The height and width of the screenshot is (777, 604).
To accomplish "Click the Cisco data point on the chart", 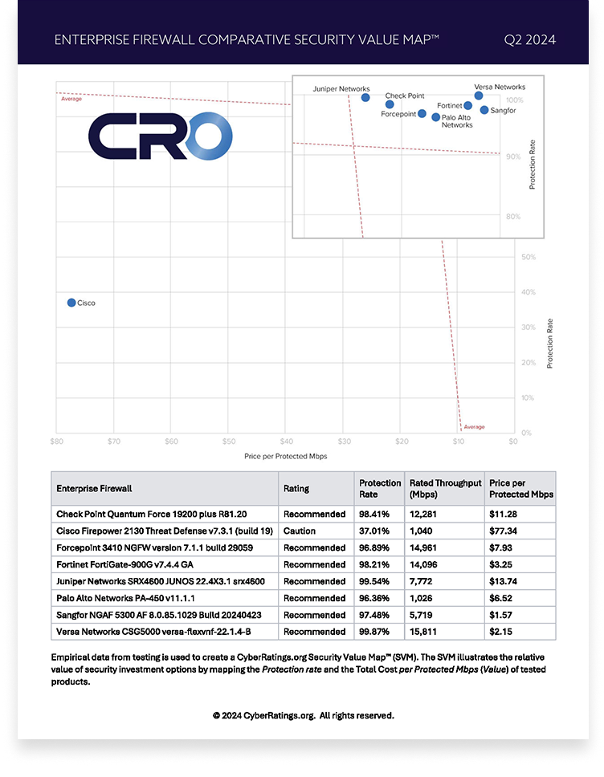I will click(x=71, y=303).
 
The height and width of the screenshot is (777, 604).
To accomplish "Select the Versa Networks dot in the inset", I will click(x=479, y=96).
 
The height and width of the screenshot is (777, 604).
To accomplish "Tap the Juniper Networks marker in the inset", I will click(x=365, y=98).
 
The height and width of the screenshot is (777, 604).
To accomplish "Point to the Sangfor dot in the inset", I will click(x=484, y=110).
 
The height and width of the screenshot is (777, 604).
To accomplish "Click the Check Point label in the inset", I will click(x=405, y=96).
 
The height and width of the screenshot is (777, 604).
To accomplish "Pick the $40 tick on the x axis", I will click(x=287, y=441).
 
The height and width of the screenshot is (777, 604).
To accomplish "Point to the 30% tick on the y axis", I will click(x=528, y=327).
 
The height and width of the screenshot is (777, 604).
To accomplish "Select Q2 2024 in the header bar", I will click(x=529, y=39).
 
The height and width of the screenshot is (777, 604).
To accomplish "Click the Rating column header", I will click(x=296, y=488).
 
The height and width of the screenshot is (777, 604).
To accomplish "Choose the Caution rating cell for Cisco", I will click(x=299, y=531).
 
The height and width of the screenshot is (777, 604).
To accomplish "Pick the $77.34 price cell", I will click(x=506, y=531).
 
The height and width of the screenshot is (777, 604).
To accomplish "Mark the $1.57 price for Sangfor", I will click(x=504, y=615).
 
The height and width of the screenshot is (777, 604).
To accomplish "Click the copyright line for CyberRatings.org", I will click(x=303, y=714).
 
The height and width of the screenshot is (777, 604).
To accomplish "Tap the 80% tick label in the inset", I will click(x=513, y=216).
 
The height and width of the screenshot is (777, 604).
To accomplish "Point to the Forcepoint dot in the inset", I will click(x=422, y=114).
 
